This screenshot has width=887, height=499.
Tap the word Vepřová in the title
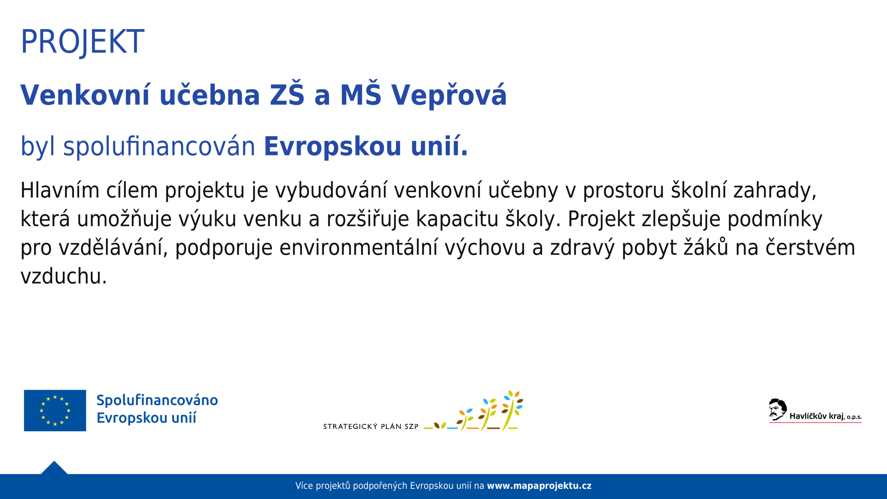coord(449,95)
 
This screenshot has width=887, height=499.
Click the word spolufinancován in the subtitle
coord(159,146)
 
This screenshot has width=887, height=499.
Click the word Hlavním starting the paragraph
coord(60,191)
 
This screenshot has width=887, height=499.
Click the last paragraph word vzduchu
coord(63,277)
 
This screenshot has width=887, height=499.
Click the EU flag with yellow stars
coord(55,411)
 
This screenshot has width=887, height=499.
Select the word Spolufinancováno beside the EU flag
coord(157,401)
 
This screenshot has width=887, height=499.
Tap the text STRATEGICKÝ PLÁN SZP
coord(371,427)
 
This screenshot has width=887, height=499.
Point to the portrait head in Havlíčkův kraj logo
coord(778,409)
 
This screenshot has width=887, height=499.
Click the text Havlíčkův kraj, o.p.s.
coord(826,416)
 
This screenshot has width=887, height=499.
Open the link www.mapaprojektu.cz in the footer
coord(539,486)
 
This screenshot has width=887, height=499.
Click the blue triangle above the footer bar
coord(54,468)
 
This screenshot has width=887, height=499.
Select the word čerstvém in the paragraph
coord(810,248)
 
